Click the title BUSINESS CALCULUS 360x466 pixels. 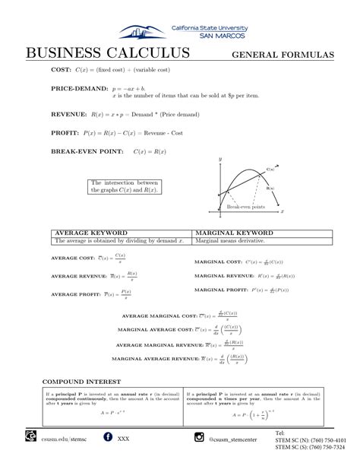107,54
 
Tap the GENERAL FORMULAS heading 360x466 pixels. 283,55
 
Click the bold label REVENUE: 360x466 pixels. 67,114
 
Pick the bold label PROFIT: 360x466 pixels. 65,132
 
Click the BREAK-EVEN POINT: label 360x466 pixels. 85,151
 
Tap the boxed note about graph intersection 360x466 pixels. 125,186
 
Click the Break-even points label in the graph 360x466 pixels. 246,207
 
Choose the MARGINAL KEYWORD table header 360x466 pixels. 234,233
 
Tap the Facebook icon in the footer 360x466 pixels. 107,437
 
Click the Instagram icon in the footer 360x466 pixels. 199,437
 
